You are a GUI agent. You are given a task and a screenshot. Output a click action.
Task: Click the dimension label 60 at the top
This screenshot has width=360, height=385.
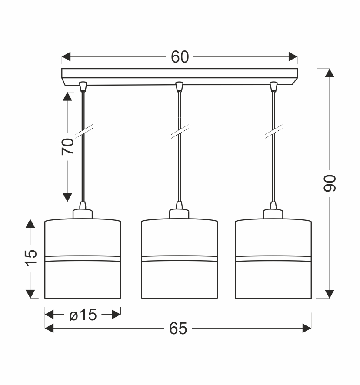180,57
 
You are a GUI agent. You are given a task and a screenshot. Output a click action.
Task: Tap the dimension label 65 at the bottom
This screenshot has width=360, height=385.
178,328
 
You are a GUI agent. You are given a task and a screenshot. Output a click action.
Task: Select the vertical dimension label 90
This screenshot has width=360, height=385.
330,183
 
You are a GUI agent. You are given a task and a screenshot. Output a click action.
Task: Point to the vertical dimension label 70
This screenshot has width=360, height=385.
67,146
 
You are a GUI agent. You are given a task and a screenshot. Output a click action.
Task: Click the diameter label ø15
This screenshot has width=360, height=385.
83,315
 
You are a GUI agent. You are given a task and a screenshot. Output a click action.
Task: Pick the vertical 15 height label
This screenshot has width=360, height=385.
31,258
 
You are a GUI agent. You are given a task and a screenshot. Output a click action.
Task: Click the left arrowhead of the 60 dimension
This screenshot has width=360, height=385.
66,57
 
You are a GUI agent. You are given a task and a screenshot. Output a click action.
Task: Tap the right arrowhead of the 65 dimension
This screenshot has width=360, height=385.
307,328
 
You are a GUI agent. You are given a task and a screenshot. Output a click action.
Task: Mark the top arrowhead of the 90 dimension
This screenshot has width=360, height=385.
330,73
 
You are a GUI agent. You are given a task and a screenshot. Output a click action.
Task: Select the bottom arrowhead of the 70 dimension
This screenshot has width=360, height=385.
67,197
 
